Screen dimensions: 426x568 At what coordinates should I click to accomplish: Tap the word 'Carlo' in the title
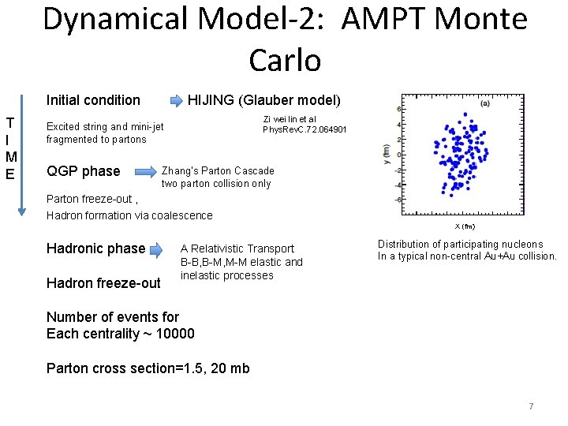coord(284,59)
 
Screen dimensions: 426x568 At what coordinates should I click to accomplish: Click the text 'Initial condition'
coord(93,100)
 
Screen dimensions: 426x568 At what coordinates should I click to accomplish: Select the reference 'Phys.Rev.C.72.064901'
coord(305,129)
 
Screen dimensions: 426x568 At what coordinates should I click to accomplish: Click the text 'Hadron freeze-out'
coord(103,282)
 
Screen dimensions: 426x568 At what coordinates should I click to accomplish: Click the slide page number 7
coord(531,406)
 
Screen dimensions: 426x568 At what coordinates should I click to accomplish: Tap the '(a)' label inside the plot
coord(484,103)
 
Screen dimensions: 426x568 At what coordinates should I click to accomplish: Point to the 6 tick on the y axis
coord(398,109)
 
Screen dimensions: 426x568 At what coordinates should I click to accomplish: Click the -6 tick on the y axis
coord(398,200)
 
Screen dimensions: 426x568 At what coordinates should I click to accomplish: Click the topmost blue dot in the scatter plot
coord(465,114)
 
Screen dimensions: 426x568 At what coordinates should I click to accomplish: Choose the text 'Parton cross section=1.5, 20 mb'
coord(148,368)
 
